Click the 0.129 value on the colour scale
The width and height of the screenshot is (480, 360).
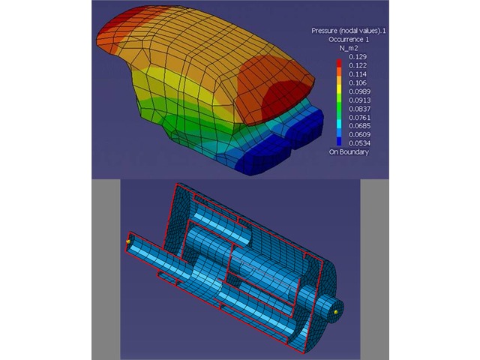tap(358, 57)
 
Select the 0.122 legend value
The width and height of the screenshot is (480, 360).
tap(358, 65)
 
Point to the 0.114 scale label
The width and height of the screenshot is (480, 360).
tap(358, 74)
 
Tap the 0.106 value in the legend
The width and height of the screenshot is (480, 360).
tap(358, 82)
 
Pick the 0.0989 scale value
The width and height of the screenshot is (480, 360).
tap(359, 91)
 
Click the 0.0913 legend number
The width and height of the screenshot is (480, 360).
tap(359, 100)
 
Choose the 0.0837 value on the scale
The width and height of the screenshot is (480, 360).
tap(359, 109)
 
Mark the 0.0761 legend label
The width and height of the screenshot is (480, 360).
tap(359, 118)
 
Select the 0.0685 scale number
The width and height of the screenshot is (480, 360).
tap(359, 126)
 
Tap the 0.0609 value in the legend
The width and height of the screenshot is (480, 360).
tap(359, 134)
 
